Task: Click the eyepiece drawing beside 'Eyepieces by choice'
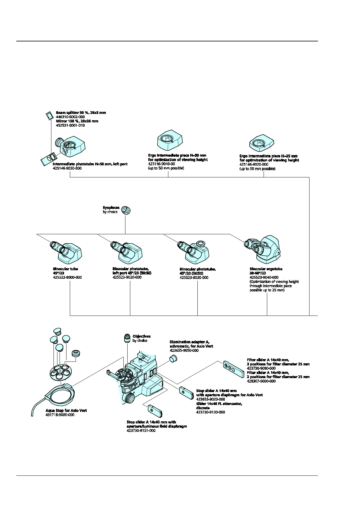tap(125, 210)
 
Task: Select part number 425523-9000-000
tap(67, 277)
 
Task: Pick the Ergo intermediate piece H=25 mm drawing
tap(261, 142)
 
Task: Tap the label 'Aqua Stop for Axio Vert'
tap(66, 410)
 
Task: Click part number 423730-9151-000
tap(141, 430)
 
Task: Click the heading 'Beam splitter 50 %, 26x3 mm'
tap(81, 112)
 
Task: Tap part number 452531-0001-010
tap(70, 125)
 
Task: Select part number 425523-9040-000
tap(264, 277)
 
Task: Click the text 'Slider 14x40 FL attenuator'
tap(219, 404)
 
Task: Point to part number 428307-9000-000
tap(261, 381)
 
